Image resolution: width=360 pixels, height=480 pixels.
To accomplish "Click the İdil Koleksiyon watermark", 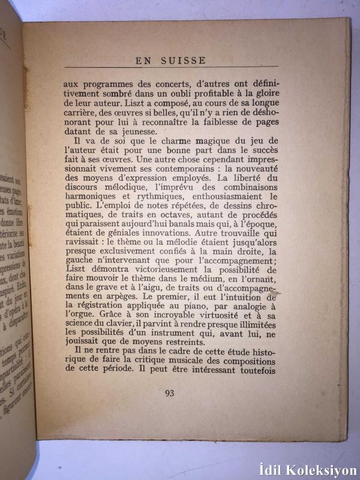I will (x=307, y=470).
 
